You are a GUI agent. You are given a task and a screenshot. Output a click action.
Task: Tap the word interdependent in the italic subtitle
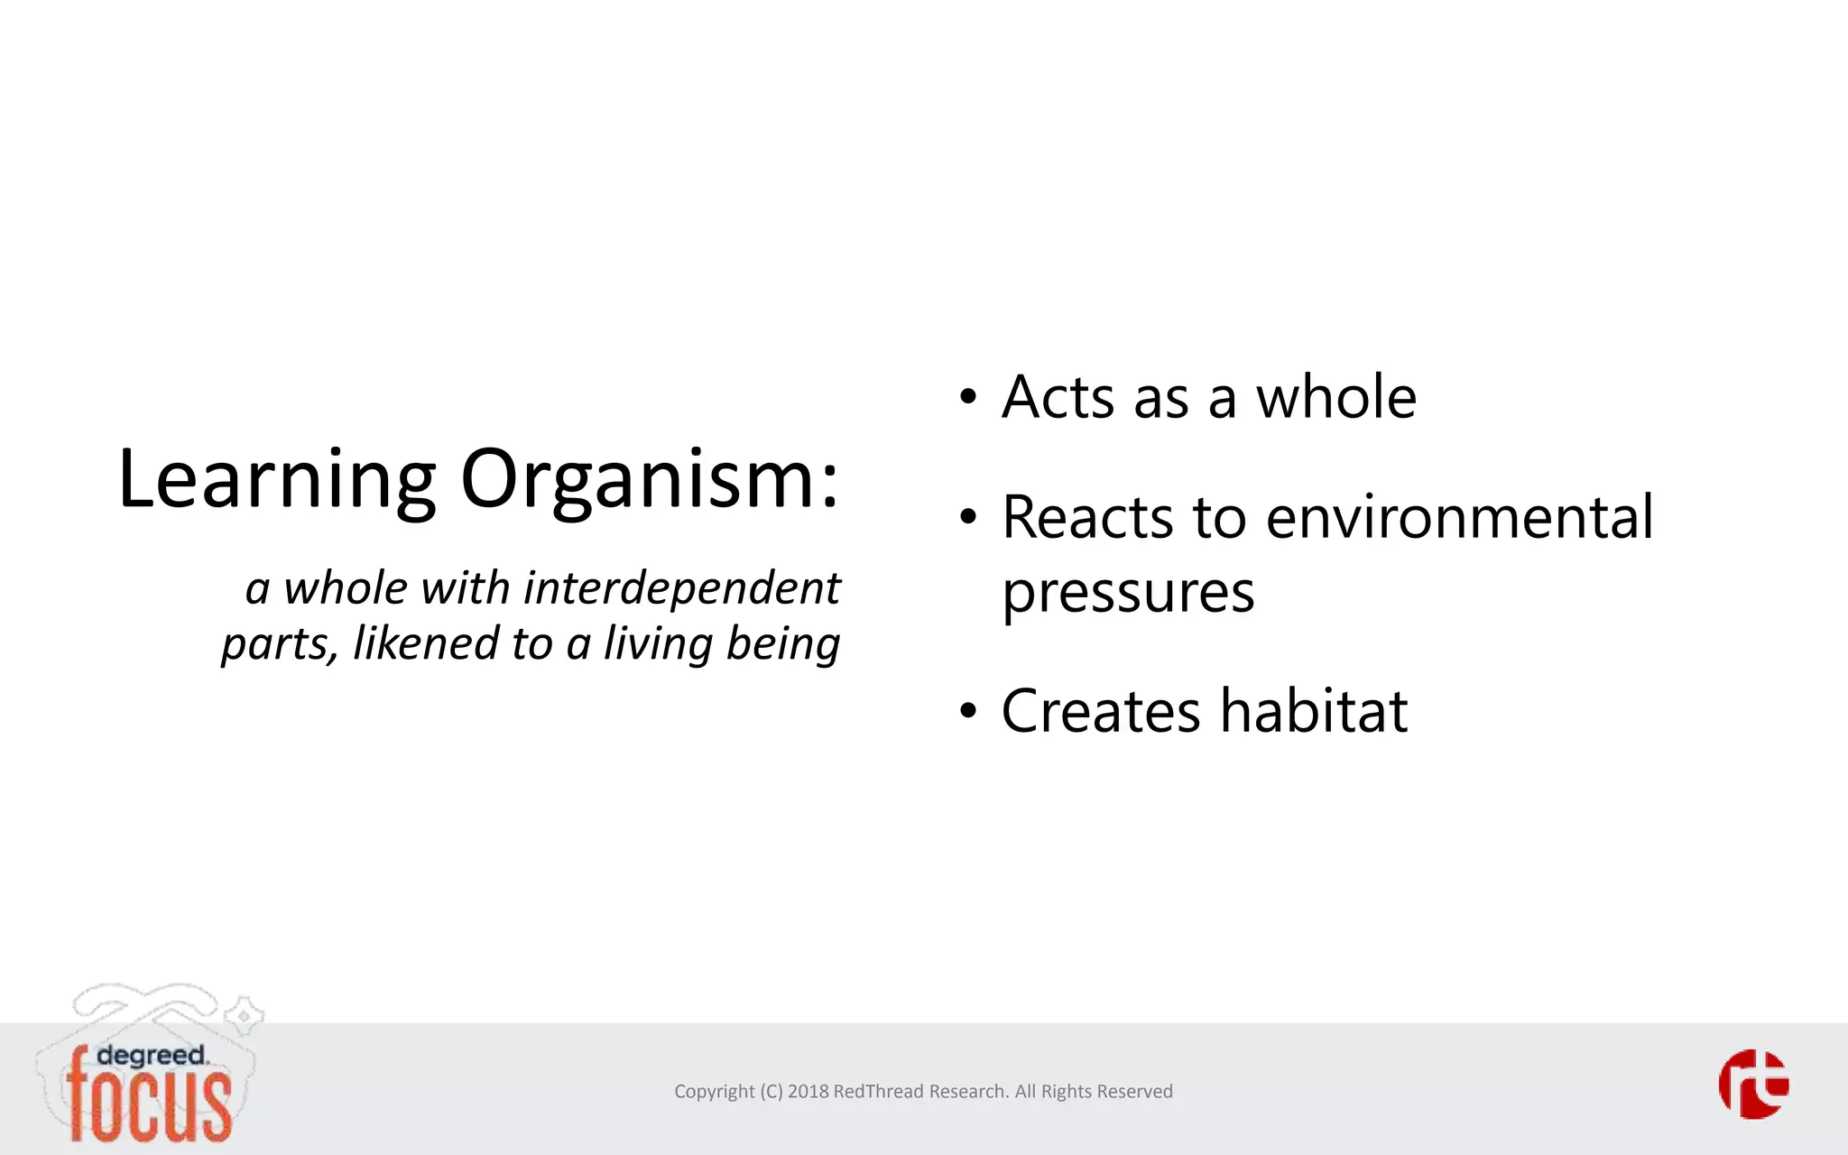tap(682, 588)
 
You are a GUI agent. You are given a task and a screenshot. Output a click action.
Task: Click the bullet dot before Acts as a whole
tap(968, 398)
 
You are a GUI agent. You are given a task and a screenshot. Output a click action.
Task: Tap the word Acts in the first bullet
tap(1058, 397)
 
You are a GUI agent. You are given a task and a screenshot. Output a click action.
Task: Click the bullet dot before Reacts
tap(968, 518)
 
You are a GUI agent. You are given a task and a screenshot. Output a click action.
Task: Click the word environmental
tap(1459, 518)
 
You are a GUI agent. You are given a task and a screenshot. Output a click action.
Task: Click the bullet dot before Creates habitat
tap(968, 711)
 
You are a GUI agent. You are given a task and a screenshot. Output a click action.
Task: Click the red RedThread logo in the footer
tap(1753, 1084)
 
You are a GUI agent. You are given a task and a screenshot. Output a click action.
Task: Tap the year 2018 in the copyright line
tap(808, 1092)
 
